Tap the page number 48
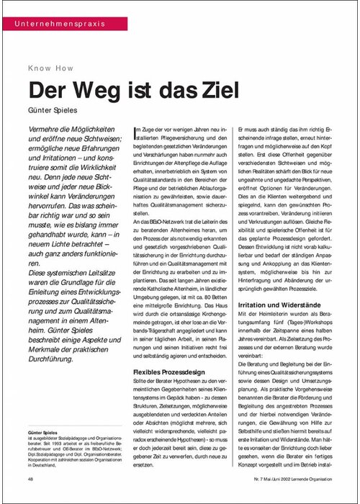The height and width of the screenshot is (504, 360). click(31, 478)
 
